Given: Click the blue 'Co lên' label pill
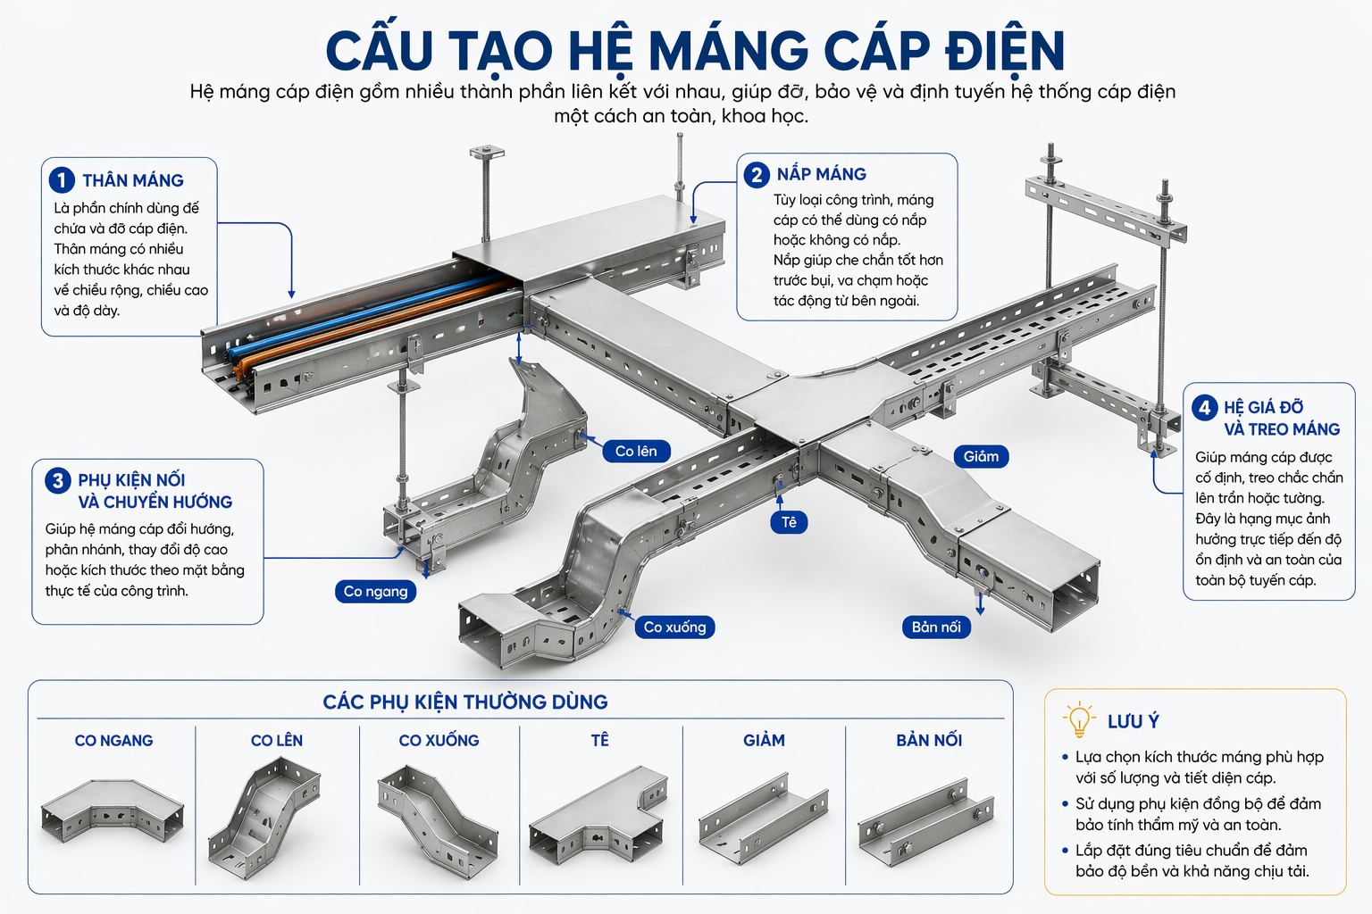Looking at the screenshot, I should [636, 451].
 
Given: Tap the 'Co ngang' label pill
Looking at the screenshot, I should [375, 591].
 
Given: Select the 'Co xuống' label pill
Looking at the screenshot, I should [674, 627].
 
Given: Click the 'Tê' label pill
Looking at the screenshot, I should [789, 521].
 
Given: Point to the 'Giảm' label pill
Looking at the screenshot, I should [981, 456].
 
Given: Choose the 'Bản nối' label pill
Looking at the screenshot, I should [935, 627].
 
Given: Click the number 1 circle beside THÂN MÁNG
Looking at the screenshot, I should [62, 180].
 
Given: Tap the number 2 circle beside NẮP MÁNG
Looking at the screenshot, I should [757, 174].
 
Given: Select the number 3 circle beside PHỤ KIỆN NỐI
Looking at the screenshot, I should [58, 480].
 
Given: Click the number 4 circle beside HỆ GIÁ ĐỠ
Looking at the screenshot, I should [1205, 408].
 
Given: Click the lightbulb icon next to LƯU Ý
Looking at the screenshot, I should [1079, 718].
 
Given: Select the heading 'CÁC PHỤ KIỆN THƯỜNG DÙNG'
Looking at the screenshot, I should [465, 702].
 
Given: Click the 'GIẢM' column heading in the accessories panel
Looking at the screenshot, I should [764, 740].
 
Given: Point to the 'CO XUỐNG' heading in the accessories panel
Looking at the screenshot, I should [439, 740].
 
